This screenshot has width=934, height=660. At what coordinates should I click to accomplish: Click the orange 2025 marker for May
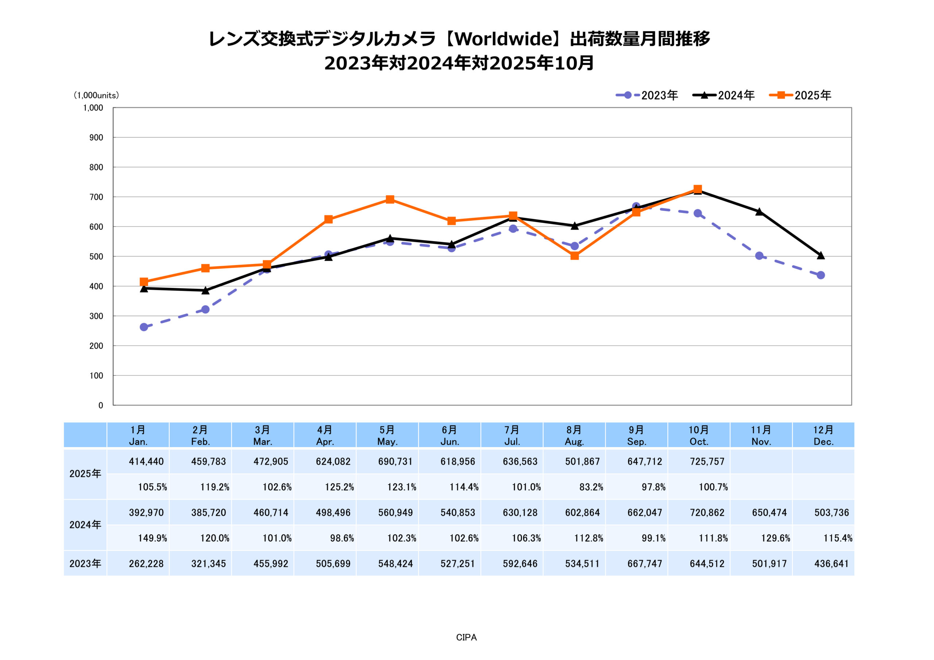[x=390, y=199]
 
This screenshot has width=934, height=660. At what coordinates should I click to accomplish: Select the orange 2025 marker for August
[x=574, y=255]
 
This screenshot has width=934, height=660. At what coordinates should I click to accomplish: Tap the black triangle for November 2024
[x=759, y=212]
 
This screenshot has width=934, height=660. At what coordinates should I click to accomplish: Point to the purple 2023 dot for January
[x=144, y=327]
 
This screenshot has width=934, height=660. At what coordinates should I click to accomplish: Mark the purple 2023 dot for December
[x=821, y=275]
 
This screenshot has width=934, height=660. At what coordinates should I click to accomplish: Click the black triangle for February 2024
[x=205, y=290]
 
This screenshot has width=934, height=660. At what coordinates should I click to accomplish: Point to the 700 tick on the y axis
[x=96, y=197]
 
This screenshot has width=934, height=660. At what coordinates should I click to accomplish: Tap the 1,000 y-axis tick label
[x=93, y=108]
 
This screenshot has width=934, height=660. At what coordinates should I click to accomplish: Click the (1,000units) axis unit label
[x=96, y=95]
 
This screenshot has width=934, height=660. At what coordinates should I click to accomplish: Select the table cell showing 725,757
[x=707, y=462]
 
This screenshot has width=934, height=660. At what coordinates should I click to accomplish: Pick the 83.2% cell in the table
[x=591, y=487]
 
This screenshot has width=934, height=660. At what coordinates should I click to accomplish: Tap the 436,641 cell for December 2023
[x=831, y=564]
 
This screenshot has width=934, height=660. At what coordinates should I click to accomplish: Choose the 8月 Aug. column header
[x=574, y=435]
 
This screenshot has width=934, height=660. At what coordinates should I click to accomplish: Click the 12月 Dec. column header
[x=823, y=435]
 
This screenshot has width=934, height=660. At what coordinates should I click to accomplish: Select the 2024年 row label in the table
[x=85, y=525]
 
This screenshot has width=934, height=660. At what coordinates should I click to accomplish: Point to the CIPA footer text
[x=466, y=638]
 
